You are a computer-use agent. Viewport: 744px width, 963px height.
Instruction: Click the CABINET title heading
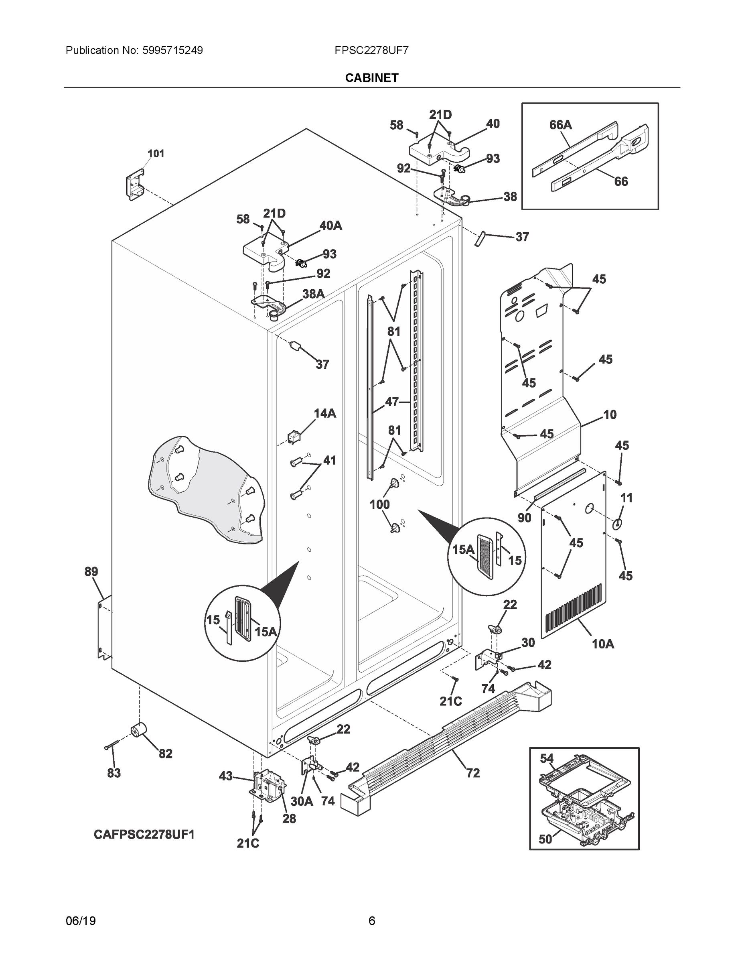pos(371,78)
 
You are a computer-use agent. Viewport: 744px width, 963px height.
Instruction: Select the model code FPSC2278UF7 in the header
pos(371,50)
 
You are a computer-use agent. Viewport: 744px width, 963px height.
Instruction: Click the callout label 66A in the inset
pos(560,125)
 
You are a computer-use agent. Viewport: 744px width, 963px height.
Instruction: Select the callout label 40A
pos(330,226)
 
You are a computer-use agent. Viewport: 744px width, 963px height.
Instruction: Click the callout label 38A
pos(313,294)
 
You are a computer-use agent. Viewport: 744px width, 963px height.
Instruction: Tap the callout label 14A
pos(324,413)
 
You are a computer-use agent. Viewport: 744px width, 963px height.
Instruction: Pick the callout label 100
pos(379,504)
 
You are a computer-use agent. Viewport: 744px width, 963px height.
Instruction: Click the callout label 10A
pos(602,644)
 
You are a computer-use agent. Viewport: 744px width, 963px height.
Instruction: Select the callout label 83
pos(114,773)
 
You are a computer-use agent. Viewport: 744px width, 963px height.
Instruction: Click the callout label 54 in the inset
pos(547,758)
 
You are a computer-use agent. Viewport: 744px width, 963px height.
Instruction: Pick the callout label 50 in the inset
pos(545,839)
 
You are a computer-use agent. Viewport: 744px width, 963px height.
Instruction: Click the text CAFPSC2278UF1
pos(144,835)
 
